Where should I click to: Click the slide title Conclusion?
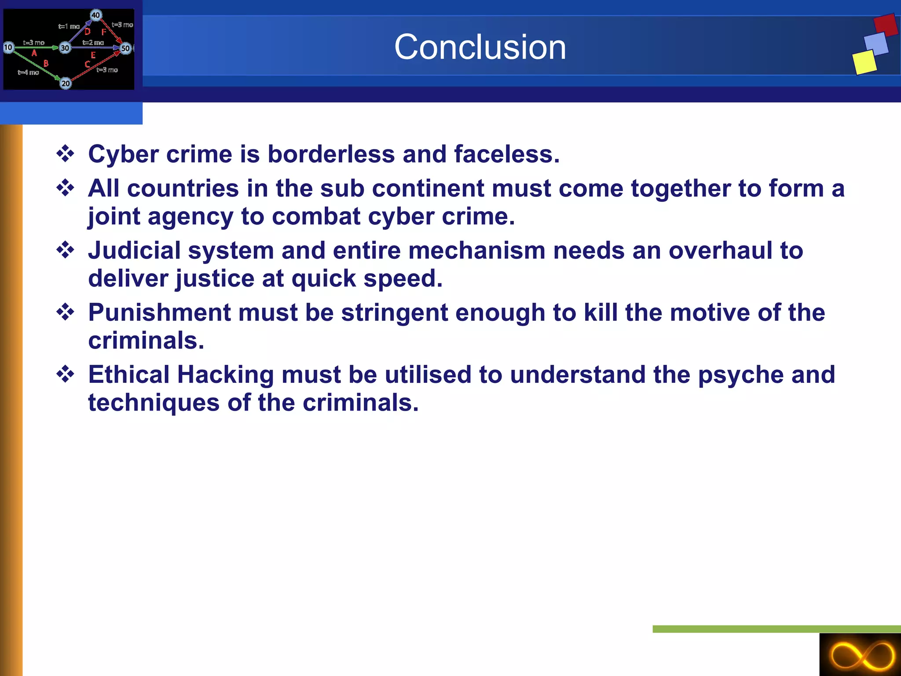[480, 47]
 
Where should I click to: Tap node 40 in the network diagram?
[95, 15]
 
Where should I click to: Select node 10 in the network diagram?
[8, 47]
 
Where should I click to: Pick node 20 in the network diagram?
[66, 83]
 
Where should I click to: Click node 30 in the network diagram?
[65, 48]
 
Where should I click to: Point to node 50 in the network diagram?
[125, 48]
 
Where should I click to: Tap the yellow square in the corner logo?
[864, 62]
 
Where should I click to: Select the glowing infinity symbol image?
[860, 655]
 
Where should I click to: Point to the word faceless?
[506, 154]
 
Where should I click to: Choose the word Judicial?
[134, 250]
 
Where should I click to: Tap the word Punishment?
[159, 312]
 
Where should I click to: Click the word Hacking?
[226, 375]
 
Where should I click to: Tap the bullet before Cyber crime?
[66, 154]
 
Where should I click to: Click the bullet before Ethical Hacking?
[66, 375]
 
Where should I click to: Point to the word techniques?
[154, 403]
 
